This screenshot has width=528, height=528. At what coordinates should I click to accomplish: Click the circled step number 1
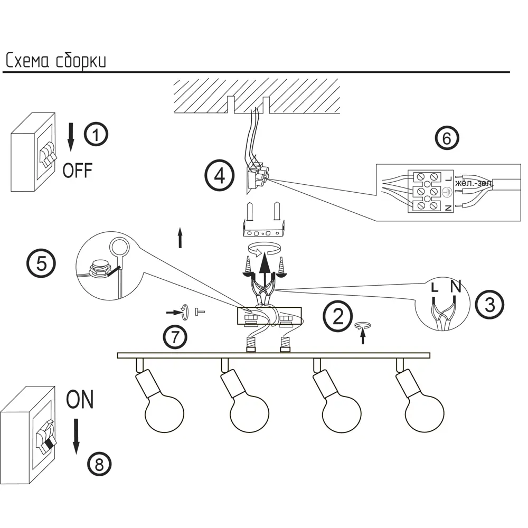(x=96, y=135)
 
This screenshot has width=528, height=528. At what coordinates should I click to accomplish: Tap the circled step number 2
(x=337, y=315)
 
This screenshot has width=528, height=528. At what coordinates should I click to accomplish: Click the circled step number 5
(x=41, y=263)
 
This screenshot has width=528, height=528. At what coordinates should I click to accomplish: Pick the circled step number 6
(x=447, y=138)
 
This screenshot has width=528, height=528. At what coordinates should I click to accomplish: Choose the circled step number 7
(x=175, y=337)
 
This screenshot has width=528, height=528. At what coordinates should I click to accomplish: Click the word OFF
(x=77, y=171)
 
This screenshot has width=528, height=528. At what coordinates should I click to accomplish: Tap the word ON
(x=80, y=400)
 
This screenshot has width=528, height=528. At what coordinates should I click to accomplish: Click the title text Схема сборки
(x=56, y=61)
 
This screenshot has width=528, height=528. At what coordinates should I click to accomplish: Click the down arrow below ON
(x=77, y=436)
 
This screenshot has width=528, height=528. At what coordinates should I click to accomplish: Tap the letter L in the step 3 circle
(x=434, y=288)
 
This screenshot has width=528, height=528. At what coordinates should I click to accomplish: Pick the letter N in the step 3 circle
(x=456, y=288)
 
